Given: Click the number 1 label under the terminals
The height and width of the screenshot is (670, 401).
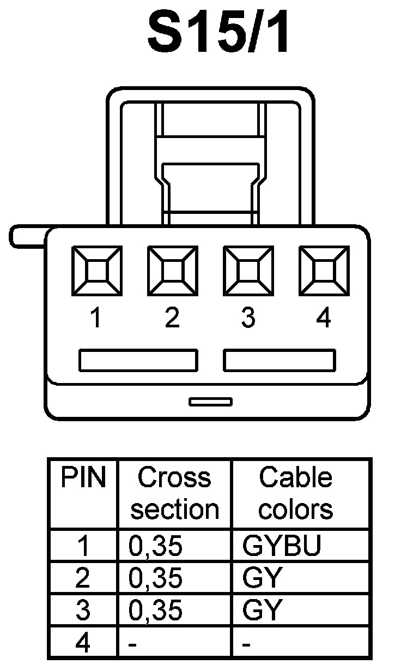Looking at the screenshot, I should click(x=96, y=318).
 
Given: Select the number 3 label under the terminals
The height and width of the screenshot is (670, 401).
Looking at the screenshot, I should click(x=248, y=318).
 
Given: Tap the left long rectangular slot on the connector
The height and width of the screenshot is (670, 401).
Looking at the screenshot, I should click(x=138, y=361).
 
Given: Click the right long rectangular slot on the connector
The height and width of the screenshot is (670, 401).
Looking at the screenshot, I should click(x=280, y=361).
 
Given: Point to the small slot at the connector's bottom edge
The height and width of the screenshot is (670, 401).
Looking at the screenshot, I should click(x=210, y=402).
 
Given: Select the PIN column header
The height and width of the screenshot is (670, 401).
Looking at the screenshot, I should click(x=83, y=478).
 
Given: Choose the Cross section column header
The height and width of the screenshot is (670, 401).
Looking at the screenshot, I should click(x=174, y=493).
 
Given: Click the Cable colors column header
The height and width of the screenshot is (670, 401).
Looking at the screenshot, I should click(x=295, y=493).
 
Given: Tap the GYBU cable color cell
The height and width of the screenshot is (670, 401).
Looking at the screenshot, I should click(x=282, y=546).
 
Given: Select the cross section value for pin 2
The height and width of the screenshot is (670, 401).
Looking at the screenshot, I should click(x=155, y=578).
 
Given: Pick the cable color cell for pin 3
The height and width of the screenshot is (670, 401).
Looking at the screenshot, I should click(x=262, y=611).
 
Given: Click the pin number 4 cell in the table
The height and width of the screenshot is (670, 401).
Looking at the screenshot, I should click(x=82, y=644).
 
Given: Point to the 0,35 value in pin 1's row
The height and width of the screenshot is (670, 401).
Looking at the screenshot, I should click(x=155, y=546).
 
